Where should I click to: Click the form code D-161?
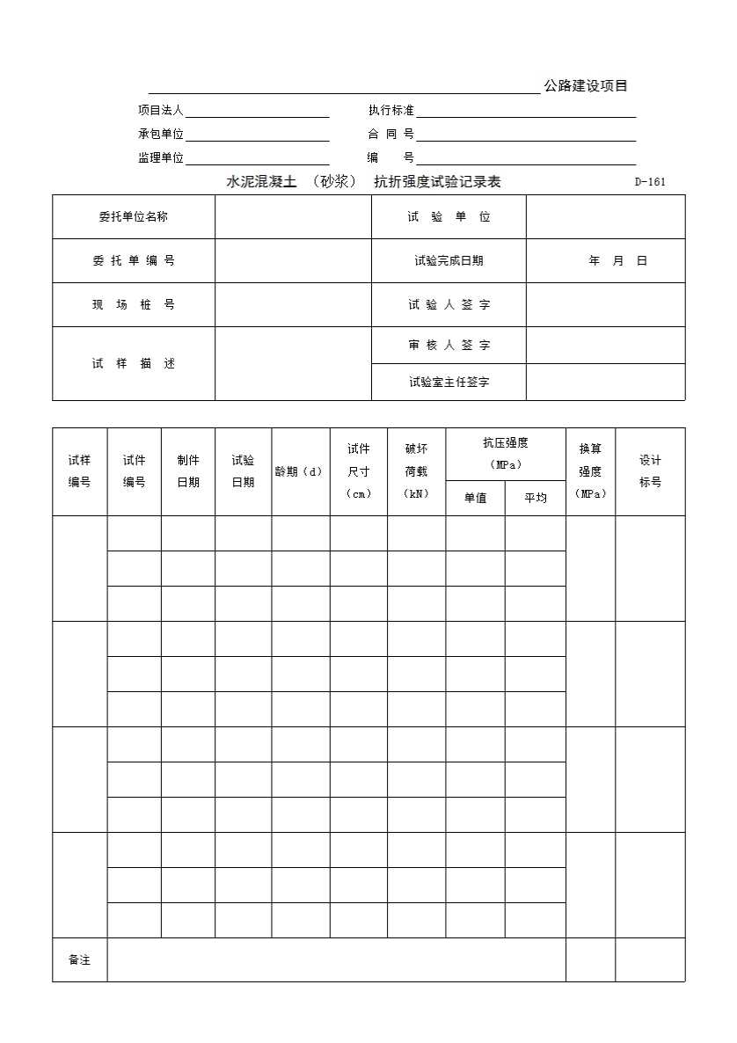[650, 182]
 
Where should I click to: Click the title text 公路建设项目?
[586, 86]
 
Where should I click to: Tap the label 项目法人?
[161, 111]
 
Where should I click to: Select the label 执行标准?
[391, 111]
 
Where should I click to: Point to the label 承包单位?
[161, 135]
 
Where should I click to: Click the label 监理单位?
[161, 158]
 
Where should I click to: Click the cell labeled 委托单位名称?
[134, 216]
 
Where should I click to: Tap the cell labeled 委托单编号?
[134, 261]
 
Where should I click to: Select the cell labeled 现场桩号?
[134, 305]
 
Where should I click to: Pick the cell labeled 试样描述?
[134, 364]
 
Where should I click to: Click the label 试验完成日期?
[449, 261]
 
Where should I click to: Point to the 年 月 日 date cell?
[617, 261]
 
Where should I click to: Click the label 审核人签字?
[449, 346]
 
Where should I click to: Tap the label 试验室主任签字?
[449, 383]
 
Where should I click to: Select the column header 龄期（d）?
[300, 471]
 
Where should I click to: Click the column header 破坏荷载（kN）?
[416, 471]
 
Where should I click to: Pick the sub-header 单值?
[475, 498]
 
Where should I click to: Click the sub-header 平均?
[535, 498]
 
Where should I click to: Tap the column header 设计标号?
[650, 471]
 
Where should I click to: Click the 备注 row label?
[80, 960]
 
